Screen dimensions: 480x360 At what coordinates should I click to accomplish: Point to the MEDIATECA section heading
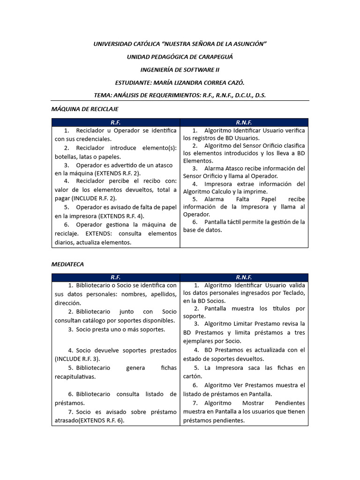[67, 264]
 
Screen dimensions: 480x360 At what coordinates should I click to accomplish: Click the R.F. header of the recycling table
[115, 122]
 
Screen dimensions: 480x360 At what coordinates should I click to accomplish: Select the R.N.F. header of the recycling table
[244, 122]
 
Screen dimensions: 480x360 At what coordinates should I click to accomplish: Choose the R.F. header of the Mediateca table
[115, 277]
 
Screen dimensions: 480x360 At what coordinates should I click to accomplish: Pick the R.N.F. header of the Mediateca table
[244, 277]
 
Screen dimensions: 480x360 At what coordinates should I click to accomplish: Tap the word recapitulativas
[75, 376]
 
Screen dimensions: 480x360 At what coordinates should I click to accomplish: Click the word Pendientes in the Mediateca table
[289, 403]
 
